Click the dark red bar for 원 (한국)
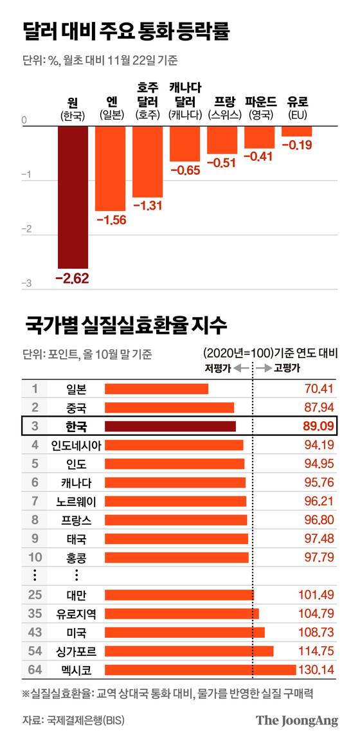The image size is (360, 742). [x=73, y=196]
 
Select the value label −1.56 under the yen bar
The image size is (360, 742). [x=110, y=220]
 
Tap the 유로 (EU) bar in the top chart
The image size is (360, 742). [x=296, y=131]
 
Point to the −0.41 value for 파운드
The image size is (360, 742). [x=259, y=156]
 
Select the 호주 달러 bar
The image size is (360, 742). [x=147, y=161]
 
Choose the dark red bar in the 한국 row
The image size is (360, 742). [x=170, y=426]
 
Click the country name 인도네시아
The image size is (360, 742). [x=76, y=444]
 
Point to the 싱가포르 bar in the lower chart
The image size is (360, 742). [x=188, y=651]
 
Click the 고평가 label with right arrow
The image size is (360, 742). [x=278, y=368]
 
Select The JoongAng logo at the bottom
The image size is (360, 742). [x=296, y=720]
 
